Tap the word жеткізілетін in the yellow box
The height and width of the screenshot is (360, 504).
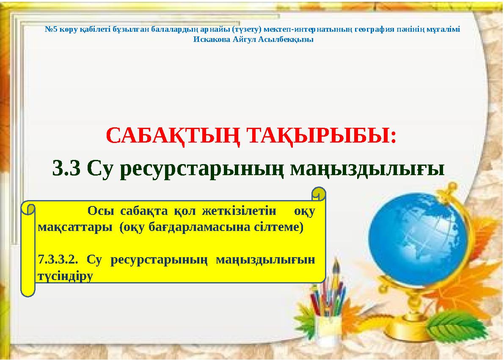240,211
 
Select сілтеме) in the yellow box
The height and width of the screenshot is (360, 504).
281,227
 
